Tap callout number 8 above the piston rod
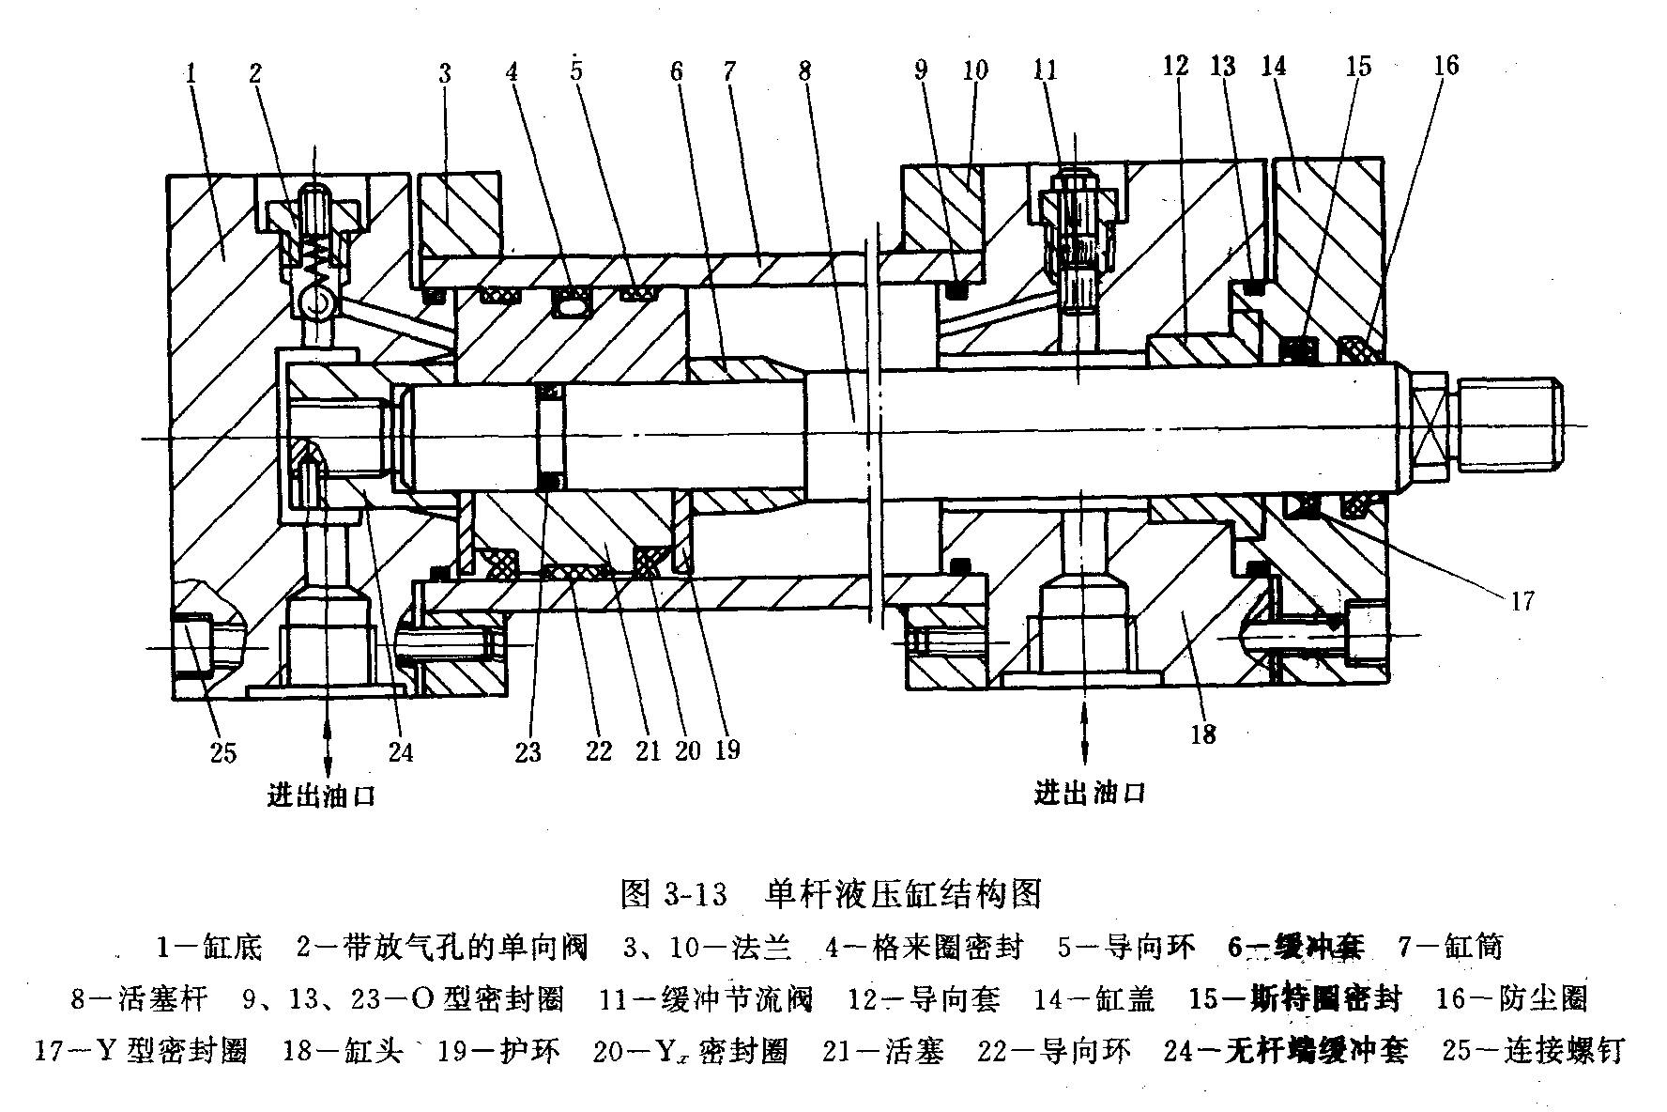[x=805, y=71]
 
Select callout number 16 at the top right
[x=1446, y=65]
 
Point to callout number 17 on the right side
[x=1522, y=599]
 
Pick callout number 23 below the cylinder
[x=528, y=751]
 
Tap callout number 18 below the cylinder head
[x=1202, y=734]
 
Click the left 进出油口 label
[x=321, y=796]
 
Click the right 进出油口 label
[x=1090, y=794]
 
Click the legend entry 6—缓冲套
[x=1294, y=947]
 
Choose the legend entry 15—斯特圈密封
[x=1294, y=998]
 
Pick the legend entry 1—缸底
[x=209, y=947]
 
